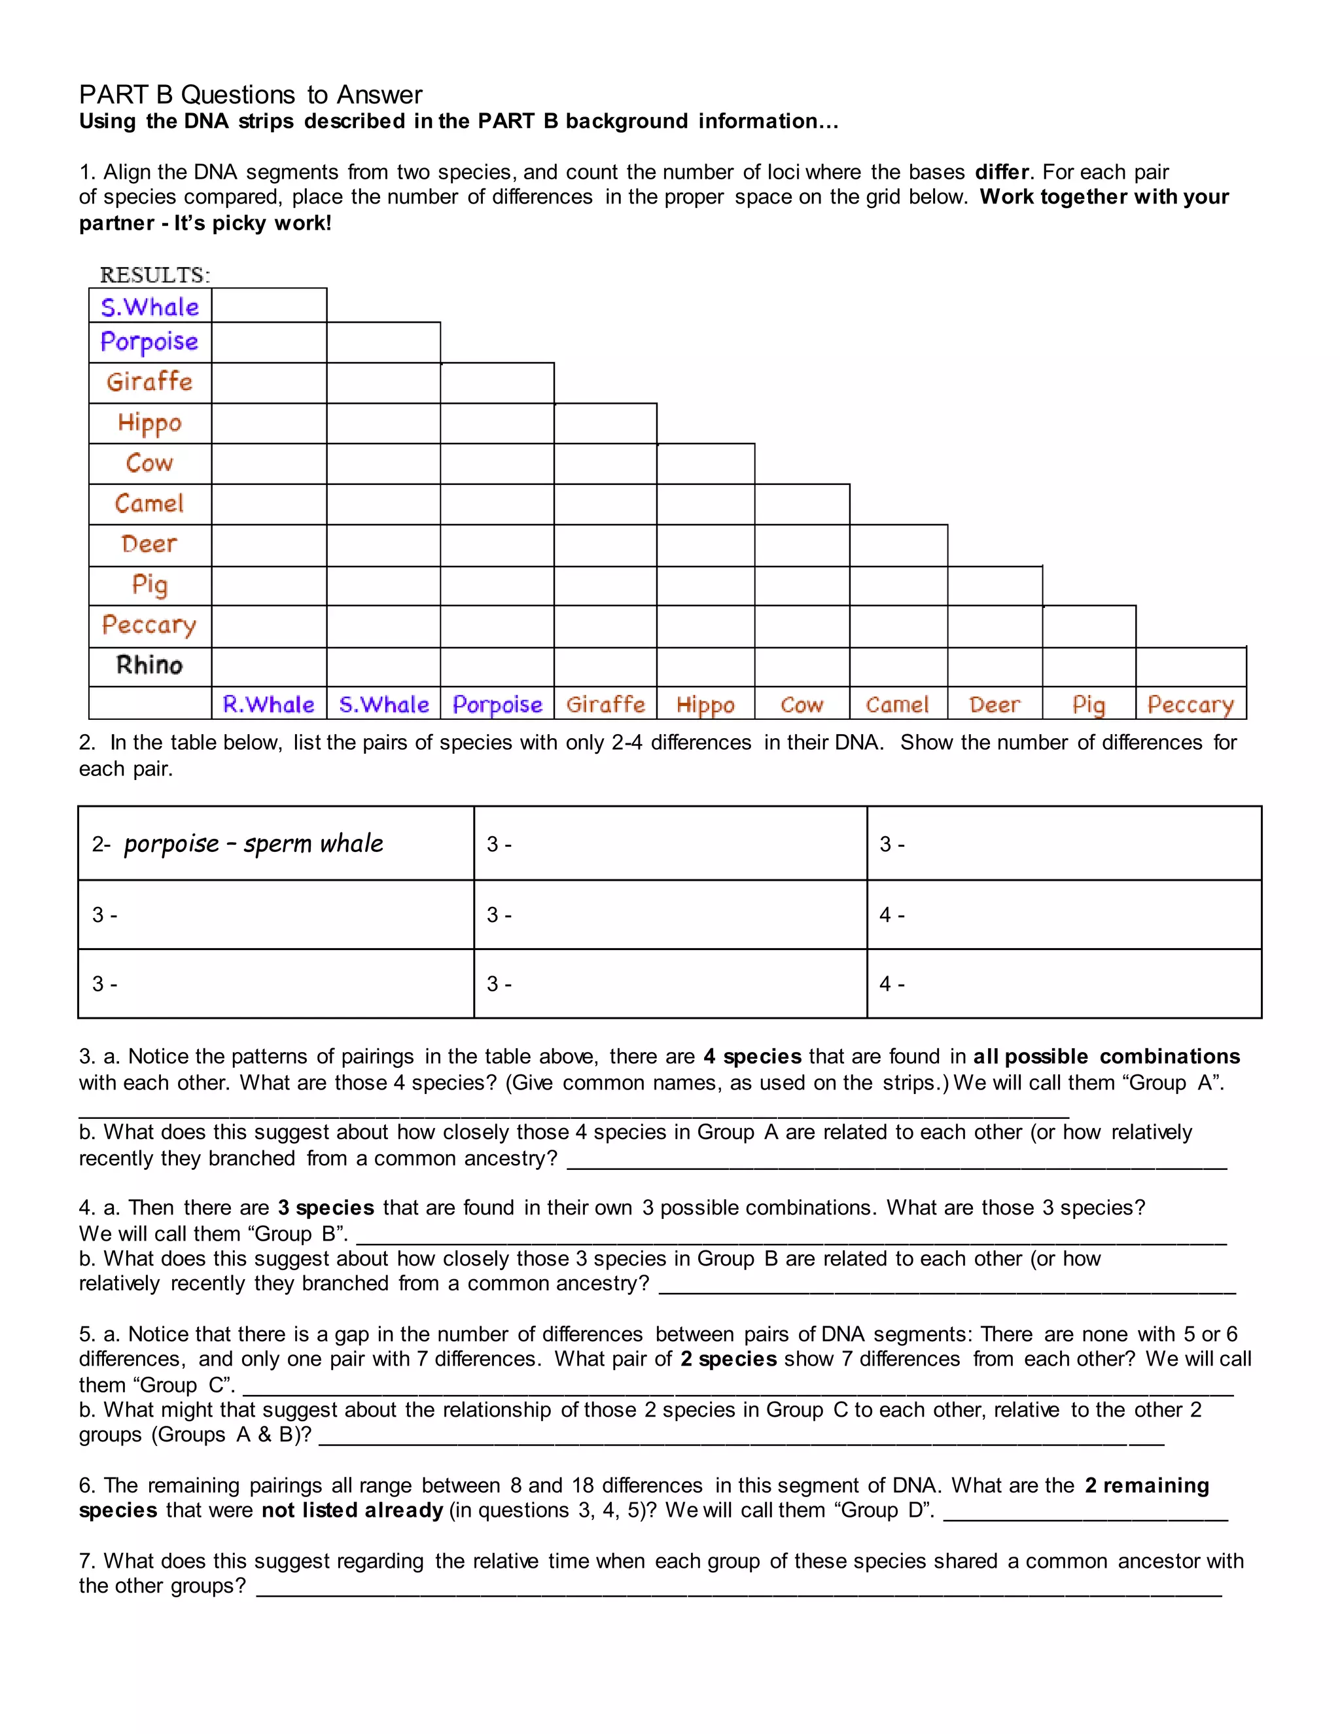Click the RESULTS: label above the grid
coord(155,275)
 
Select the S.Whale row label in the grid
coord(150,306)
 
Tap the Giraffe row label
coord(150,382)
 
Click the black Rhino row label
coord(150,665)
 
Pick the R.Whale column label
coord(268,704)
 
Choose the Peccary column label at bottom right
coord(1191,704)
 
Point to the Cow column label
coord(802,704)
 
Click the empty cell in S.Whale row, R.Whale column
coord(269,306)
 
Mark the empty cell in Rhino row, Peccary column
coord(1191,667)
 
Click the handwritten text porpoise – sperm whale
coord(253,843)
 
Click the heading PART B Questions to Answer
coord(251,94)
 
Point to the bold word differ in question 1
coord(1002,172)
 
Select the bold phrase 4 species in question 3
coord(752,1057)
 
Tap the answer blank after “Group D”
coord(1085,1511)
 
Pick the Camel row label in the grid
coord(150,503)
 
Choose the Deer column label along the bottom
coord(995,704)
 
